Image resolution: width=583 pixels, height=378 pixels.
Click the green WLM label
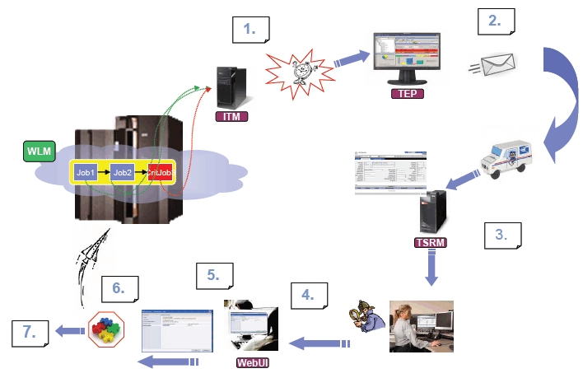click(37, 152)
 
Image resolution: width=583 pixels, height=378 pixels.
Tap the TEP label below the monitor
click(407, 94)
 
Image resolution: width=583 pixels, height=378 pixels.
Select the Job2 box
click(123, 173)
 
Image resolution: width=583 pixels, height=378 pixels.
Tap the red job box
click(160, 173)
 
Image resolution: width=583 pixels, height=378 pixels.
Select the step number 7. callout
click(31, 333)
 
